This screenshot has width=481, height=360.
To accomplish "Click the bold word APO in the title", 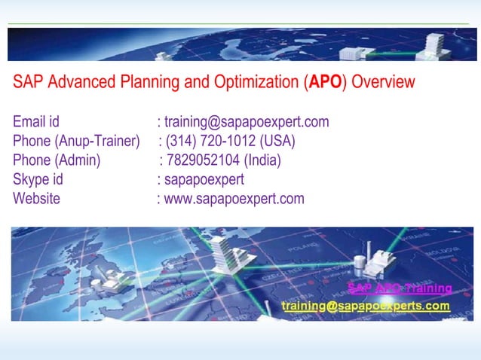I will coord(325,83).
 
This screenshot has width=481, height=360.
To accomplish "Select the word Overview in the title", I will coord(382,83).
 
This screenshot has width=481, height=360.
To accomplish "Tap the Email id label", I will coord(36,122).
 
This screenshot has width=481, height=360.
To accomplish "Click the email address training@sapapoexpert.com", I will coord(247,122).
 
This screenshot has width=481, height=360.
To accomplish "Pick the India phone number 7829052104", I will coord(202,160).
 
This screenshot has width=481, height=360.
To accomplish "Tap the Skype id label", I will coord(38,180).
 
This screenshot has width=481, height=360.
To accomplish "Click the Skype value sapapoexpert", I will coord(204,180).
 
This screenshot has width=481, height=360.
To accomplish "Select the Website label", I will coord(36,200).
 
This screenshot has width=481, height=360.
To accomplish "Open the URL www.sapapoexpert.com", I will coord(234,200).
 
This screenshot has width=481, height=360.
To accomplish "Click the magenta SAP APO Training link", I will coord(400,288).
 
